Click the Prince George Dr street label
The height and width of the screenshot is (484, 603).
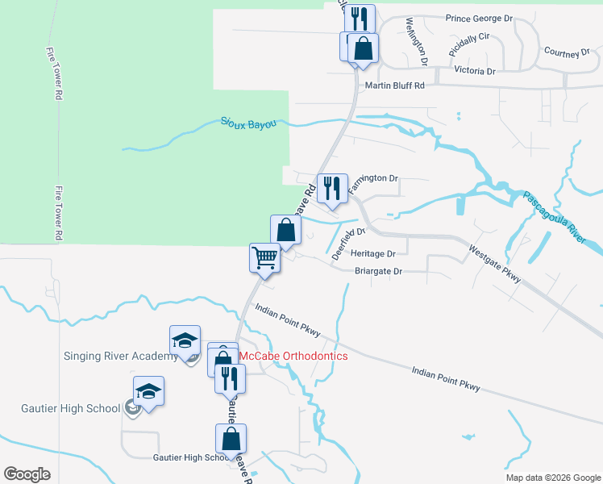tap(479, 17)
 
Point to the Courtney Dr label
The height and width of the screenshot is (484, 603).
tap(568, 52)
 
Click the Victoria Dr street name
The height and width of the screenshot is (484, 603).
tap(475, 71)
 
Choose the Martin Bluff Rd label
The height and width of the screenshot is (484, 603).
tap(394, 86)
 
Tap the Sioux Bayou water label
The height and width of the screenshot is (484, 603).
tap(249, 123)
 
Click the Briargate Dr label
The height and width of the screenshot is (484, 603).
tap(378, 271)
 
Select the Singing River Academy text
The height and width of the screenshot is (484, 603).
tap(120, 357)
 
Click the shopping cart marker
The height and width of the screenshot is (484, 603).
tap(264, 258)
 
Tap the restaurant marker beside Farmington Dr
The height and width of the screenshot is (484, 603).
tap(332, 189)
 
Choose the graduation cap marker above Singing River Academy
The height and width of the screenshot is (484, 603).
tap(185, 340)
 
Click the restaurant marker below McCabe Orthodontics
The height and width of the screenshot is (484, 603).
tap(230, 378)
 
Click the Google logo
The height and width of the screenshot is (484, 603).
tap(27, 474)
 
